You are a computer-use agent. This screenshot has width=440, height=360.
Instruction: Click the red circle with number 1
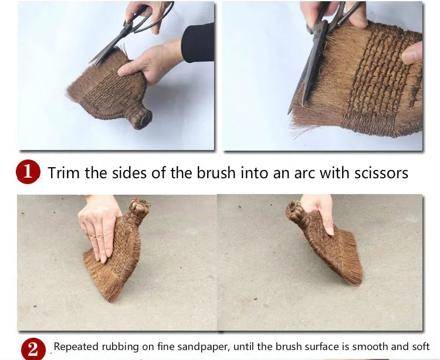tap(28, 172)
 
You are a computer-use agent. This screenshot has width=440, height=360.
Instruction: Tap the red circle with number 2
tap(33, 349)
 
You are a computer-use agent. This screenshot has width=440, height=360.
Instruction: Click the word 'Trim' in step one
tap(64, 172)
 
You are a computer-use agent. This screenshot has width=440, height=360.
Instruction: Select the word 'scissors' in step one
tap(381, 173)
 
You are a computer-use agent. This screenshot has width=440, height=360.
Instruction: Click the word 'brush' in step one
tap(215, 172)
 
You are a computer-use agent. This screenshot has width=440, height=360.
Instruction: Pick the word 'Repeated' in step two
tap(76, 347)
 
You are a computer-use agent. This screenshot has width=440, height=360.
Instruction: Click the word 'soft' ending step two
tap(421, 347)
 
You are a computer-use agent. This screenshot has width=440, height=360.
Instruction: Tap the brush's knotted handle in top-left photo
tap(139, 118)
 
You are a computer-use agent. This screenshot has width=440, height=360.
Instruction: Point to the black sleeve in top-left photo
tap(198, 43)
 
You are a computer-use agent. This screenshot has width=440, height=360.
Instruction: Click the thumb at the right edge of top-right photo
tap(412, 53)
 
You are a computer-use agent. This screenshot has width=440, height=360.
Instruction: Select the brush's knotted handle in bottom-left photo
tap(138, 208)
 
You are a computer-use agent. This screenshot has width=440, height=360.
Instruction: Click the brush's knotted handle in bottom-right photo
tap(296, 212)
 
